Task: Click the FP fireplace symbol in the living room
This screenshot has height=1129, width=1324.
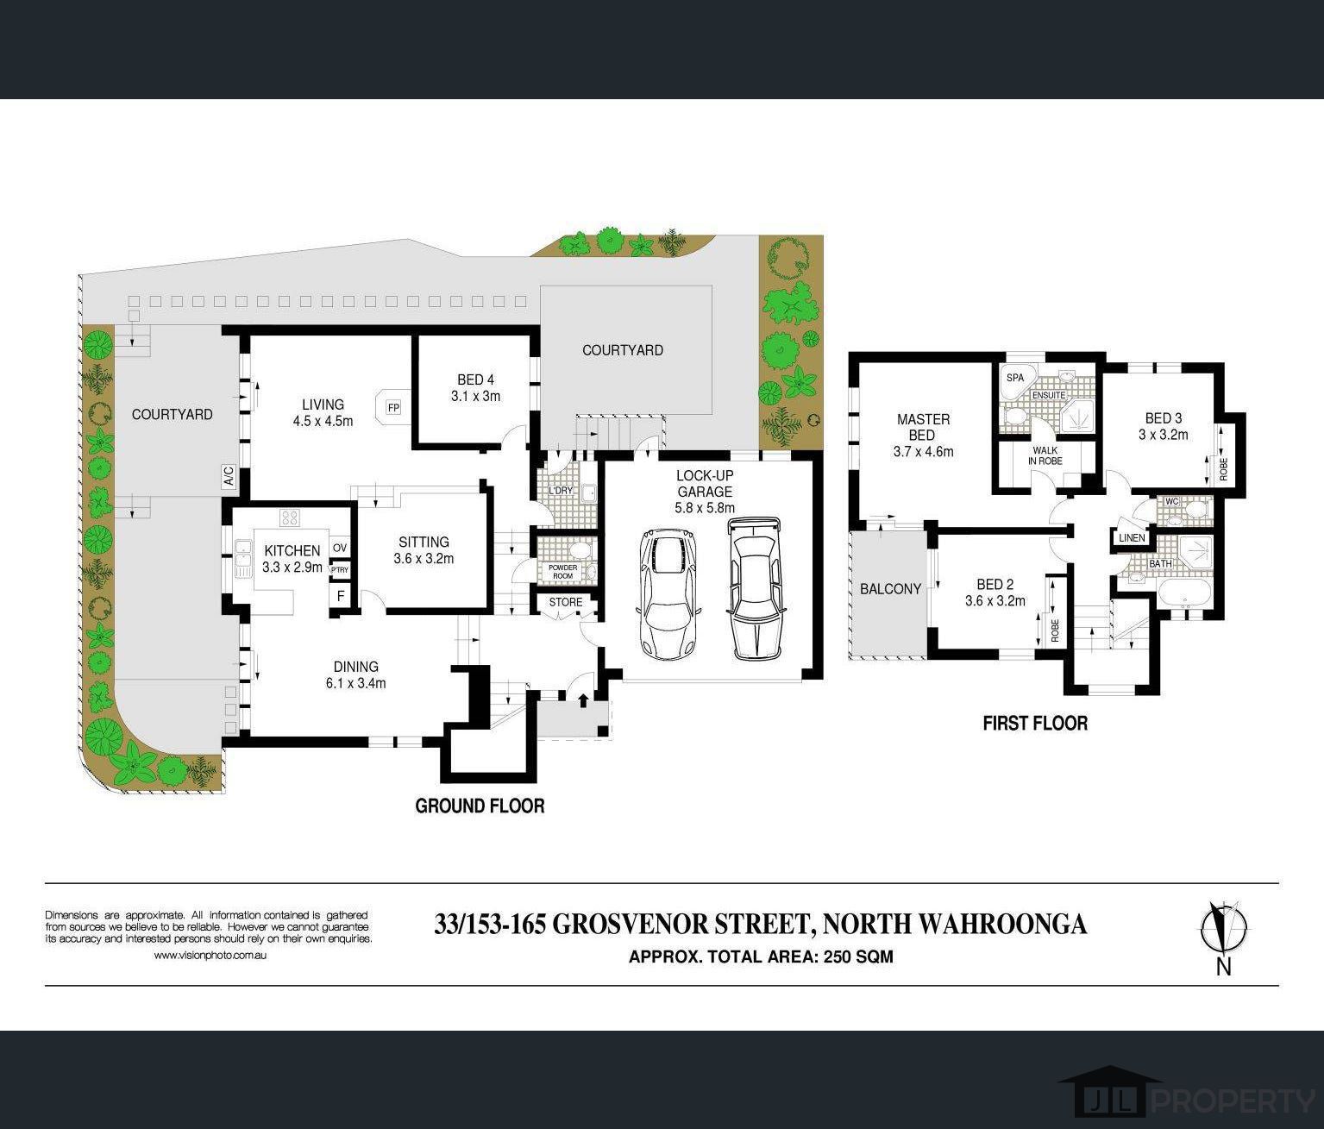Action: (393, 406)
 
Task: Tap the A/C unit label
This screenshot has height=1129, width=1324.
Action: (229, 476)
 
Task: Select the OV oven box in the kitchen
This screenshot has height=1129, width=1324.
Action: (340, 548)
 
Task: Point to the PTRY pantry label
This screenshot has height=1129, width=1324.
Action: (340, 569)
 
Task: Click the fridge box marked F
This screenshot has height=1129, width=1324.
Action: (340, 596)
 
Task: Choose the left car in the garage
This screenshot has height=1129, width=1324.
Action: (668, 593)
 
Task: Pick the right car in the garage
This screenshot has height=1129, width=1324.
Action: (755, 588)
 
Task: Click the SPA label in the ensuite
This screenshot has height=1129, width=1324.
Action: (1014, 378)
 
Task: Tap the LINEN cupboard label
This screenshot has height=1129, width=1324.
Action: (1131, 538)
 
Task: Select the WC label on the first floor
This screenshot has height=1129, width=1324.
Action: (1171, 501)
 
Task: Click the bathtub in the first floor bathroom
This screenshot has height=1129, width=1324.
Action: (1184, 595)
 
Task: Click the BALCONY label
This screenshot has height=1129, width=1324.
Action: (890, 588)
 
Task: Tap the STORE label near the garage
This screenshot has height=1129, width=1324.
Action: (566, 602)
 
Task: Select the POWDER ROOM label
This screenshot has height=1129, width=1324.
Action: (562, 572)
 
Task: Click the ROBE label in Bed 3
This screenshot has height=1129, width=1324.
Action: (1224, 468)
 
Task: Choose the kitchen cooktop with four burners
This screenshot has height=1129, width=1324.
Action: (289, 517)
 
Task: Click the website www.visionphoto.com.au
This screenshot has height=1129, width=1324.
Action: (210, 955)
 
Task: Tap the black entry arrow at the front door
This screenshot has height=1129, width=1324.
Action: (583, 700)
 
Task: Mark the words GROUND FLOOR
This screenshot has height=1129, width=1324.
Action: (480, 806)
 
